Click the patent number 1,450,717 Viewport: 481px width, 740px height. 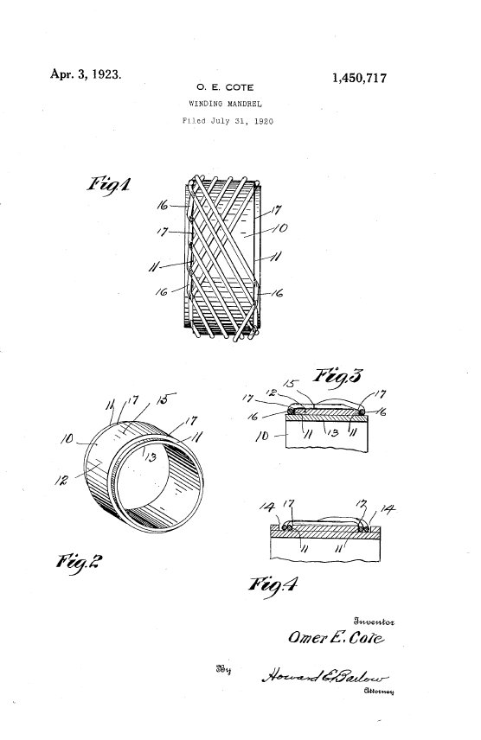(x=359, y=78)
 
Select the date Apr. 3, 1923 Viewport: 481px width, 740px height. (x=86, y=74)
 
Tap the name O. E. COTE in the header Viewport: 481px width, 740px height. (x=225, y=87)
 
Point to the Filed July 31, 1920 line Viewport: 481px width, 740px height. (x=228, y=121)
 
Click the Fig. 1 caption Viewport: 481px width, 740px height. (x=108, y=184)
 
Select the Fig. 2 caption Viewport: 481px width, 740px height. (x=79, y=562)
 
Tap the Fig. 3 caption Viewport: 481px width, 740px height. (x=338, y=376)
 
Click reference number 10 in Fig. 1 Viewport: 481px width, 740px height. (x=279, y=228)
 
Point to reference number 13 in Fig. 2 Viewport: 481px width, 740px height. (x=151, y=456)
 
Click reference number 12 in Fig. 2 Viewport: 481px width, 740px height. (x=61, y=481)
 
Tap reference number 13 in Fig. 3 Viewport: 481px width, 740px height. (x=334, y=433)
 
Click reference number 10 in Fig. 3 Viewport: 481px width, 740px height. (x=262, y=437)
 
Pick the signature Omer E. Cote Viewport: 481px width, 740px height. (x=336, y=638)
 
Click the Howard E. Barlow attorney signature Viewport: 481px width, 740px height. (x=325, y=676)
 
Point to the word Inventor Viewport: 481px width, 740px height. (x=374, y=622)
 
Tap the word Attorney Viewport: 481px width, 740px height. (x=378, y=692)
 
